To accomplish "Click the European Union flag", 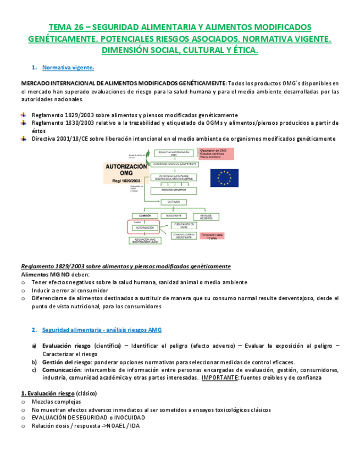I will [224, 177].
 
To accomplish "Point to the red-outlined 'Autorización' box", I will [142, 227].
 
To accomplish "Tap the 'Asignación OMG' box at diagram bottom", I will [142, 240].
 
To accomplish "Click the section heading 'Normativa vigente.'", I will [68, 68].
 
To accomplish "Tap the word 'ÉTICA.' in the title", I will [241, 51].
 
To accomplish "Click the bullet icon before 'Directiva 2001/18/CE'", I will [24, 138].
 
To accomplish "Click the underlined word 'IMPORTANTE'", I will [220, 378].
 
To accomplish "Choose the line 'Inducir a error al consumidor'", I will [70, 290].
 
